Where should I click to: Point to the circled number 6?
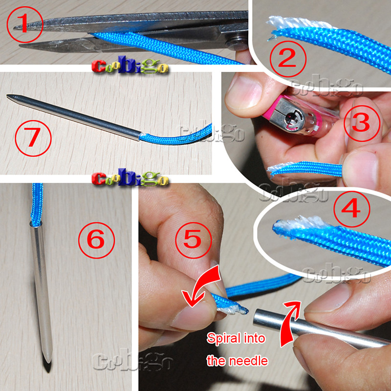[96, 240]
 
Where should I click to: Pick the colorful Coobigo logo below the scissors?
[130, 66]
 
